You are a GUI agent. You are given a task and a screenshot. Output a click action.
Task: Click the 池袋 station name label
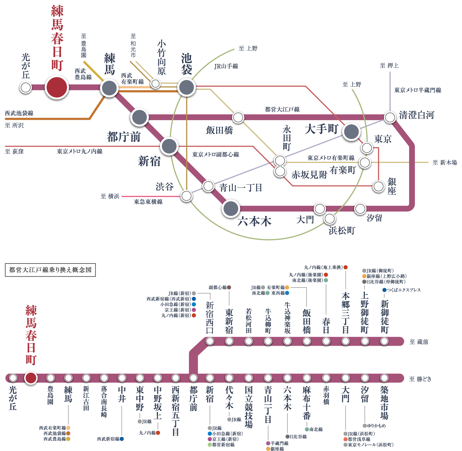187,64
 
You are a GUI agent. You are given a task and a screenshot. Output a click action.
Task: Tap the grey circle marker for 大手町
351,132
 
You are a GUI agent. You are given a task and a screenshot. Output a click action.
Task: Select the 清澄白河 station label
416,115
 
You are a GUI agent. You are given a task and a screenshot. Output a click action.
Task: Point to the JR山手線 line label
226,66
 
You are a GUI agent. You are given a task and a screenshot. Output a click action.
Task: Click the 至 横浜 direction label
110,196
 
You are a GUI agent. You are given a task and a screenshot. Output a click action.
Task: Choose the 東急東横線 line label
148,202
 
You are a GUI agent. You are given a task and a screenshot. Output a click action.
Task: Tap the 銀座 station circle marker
379,186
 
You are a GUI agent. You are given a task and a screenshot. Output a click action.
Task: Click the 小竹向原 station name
161,57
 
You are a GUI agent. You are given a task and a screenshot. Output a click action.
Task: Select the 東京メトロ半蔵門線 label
418,90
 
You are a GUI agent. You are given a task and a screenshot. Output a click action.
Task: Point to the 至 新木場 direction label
445,162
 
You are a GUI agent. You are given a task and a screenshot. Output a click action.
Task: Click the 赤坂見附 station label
309,175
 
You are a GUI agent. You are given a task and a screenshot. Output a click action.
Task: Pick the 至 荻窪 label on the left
14,151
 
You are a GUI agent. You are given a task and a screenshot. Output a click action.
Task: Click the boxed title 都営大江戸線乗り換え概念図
50,270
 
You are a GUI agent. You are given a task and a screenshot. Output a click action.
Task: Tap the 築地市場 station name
384,403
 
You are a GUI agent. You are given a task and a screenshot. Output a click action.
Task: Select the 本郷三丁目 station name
345,313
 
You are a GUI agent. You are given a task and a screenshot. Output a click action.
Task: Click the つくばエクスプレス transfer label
403,290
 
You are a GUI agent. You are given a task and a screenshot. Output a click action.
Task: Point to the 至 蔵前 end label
419,342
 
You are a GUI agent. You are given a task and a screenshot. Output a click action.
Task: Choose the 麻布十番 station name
307,403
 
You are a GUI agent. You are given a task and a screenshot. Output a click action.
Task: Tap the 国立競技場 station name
249,407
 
